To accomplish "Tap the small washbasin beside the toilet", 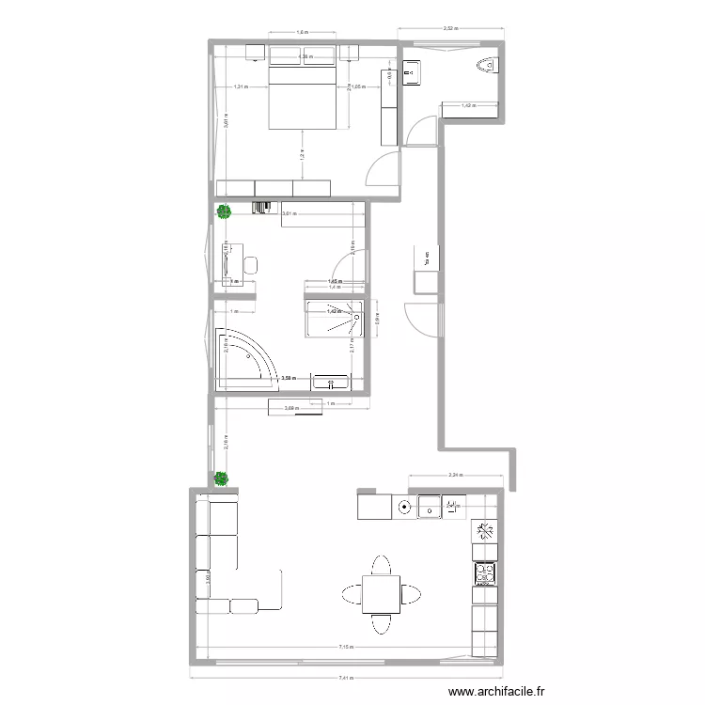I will click(x=411, y=70).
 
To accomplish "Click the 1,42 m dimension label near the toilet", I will click(x=468, y=105).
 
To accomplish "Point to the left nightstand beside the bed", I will click(x=255, y=53).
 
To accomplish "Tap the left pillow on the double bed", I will click(x=287, y=55).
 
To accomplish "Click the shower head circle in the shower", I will click(x=358, y=318).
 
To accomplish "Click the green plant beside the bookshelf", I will click(x=224, y=212).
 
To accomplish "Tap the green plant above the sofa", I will click(x=221, y=478).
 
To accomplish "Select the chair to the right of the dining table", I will click(x=412, y=594).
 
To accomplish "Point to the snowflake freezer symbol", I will click(x=485, y=532).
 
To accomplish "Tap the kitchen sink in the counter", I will click(x=429, y=508).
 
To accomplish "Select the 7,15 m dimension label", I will click(x=347, y=647).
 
